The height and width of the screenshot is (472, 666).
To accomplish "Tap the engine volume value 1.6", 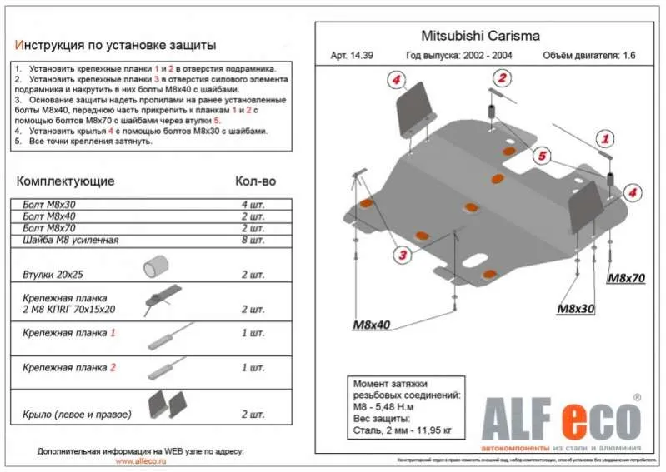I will tap(631, 57).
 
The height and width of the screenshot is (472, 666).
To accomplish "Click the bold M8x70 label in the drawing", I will tap(626, 279).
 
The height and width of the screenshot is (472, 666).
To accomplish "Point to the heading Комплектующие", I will tap(66, 181).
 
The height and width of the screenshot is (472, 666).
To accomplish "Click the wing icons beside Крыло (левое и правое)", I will tap(167, 406).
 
